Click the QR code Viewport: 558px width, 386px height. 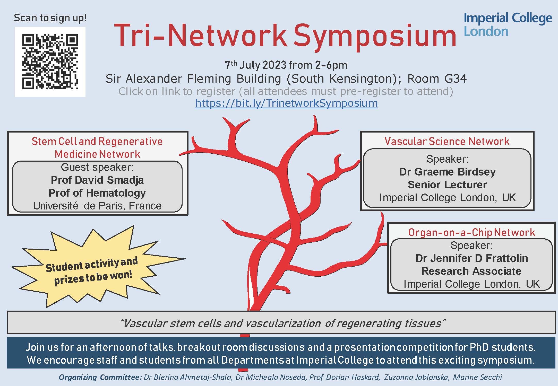(x=50, y=62)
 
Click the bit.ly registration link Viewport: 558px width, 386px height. (x=286, y=103)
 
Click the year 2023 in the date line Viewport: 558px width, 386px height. (x=274, y=65)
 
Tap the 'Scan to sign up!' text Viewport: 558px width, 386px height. (x=50, y=18)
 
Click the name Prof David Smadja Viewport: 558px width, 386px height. (x=97, y=180)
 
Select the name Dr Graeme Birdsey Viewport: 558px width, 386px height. (x=447, y=172)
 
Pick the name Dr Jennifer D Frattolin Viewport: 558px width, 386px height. (x=471, y=258)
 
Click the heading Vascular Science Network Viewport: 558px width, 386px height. (x=447, y=141)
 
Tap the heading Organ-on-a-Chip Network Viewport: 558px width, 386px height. (x=471, y=232)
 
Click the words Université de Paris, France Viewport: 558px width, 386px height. (x=97, y=206)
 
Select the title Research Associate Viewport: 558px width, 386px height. (x=471, y=271)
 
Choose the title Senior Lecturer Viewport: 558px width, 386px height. (x=447, y=185)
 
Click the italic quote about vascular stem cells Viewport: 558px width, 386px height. (x=282, y=323)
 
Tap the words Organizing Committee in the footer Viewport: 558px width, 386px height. (x=100, y=377)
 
